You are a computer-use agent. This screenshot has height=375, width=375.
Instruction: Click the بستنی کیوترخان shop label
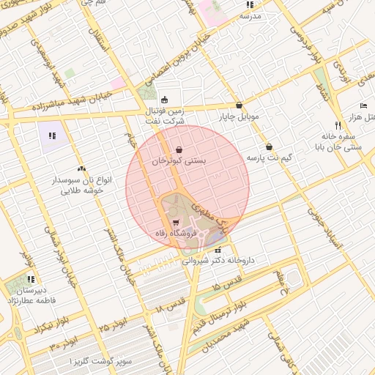click(x=180, y=160)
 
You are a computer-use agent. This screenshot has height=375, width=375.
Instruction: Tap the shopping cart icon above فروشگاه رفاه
click(x=175, y=223)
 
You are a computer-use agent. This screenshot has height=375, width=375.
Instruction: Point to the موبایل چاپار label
click(x=238, y=116)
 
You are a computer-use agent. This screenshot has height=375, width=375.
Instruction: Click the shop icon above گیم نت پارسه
click(x=270, y=146)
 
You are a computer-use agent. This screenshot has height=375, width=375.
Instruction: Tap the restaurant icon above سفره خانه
click(x=338, y=124)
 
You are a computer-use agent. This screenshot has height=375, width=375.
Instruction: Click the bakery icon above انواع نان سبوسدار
click(x=81, y=168)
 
